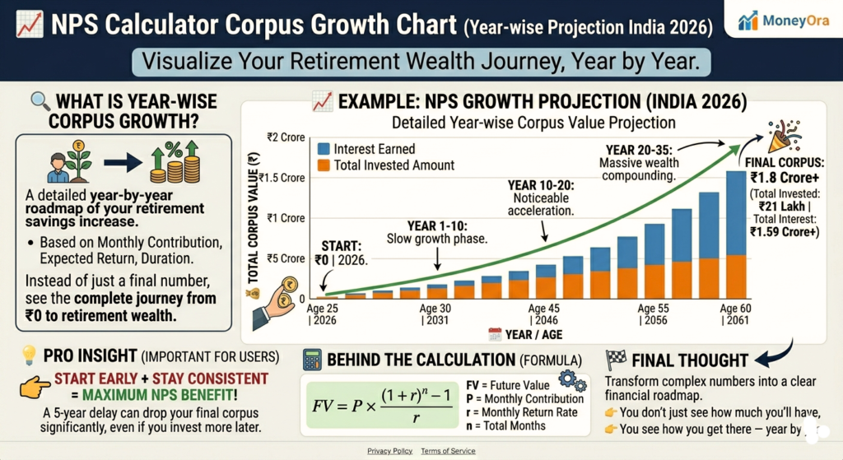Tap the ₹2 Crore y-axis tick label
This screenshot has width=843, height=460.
[x=285, y=137]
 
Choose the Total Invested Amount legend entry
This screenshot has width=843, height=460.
[x=384, y=165]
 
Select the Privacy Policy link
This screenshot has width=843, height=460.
[x=390, y=451]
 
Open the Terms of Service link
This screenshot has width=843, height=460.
[x=448, y=451]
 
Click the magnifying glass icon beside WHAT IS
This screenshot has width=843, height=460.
[x=40, y=102]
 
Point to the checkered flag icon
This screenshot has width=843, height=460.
[x=616, y=360]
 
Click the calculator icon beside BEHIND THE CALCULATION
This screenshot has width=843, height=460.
[x=312, y=360]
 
